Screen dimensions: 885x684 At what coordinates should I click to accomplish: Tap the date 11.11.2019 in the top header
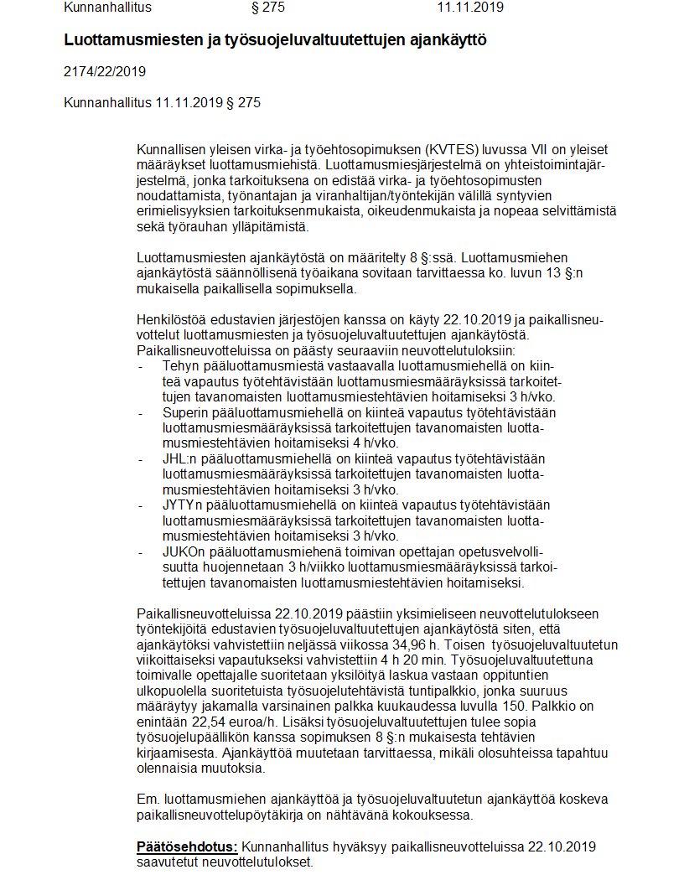point(470,8)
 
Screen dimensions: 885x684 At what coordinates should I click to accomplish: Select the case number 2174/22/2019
point(105,71)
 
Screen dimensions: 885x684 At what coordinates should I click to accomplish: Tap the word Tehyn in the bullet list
point(181,366)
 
